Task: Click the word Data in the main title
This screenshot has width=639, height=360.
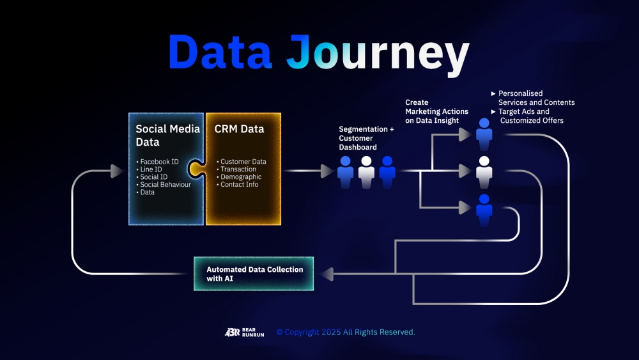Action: coord(220,51)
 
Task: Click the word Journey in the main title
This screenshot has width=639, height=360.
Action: coord(378,55)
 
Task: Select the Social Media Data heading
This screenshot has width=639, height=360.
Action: coord(167,136)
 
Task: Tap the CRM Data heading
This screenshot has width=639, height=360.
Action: coord(239,129)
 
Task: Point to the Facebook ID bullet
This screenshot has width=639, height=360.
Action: coord(157,161)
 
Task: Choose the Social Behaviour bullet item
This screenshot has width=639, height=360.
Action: coord(164,184)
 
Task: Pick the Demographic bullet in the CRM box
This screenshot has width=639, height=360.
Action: coord(239,177)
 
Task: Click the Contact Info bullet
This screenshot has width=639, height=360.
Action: coord(238,184)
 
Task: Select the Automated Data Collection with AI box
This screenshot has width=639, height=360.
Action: coord(254,274)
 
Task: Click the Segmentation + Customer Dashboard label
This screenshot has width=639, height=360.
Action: coord(366,138)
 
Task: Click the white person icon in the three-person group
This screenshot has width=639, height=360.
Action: coord(366,172)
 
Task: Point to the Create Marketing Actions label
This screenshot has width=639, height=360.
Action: coord(436,111)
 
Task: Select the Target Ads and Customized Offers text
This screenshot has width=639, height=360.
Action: coord(527,116)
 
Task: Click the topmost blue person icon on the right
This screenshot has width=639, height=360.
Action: coord(484,134)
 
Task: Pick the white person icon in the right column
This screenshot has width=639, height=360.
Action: coord(484,172)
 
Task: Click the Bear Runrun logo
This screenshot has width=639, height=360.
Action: coord(244,333)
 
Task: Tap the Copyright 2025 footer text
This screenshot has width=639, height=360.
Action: coord(346,333)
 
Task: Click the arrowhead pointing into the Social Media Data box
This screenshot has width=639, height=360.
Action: coord(116,171)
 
